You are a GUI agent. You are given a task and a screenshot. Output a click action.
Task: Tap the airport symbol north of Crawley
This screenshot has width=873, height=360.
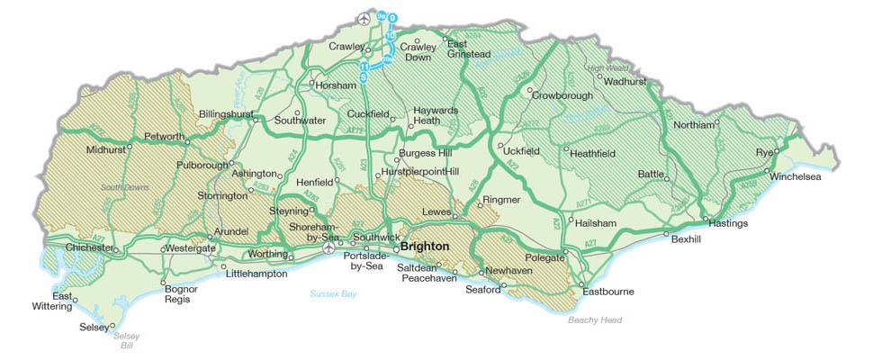tap(364, 18)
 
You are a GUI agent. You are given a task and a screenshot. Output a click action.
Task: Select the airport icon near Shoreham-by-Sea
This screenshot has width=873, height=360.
tap(329, 247)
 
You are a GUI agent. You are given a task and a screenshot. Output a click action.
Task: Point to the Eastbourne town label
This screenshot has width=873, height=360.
tap(608, 292)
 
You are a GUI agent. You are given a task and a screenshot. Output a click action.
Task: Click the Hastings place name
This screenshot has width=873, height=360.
tap(728, 223)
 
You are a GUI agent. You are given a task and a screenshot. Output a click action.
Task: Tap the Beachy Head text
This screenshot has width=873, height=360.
tap(595, 319)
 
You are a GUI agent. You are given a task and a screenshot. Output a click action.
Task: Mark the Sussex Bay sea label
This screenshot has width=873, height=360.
tap(333, 293)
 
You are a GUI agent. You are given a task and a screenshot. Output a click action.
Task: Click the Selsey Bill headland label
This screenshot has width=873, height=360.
tap(127, 340)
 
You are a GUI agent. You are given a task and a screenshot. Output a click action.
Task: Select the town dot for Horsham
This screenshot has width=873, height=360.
tap(312, 85)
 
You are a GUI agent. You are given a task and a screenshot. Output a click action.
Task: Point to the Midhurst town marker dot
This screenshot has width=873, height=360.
tap(129, 144)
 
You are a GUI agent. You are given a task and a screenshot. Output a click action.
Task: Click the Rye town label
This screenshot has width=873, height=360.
tap(765, 151)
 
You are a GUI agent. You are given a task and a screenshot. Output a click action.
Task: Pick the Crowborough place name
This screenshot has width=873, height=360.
tap(562, 94)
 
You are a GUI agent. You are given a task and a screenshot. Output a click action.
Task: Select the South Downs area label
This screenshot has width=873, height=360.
tap(121, 187)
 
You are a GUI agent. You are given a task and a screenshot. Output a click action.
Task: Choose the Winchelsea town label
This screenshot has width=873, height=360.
tap(796, 176)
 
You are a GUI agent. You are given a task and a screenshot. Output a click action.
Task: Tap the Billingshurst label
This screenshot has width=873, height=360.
tap(225, 114)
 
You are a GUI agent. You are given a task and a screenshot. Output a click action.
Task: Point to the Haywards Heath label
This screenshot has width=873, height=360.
tap(427, 115)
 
